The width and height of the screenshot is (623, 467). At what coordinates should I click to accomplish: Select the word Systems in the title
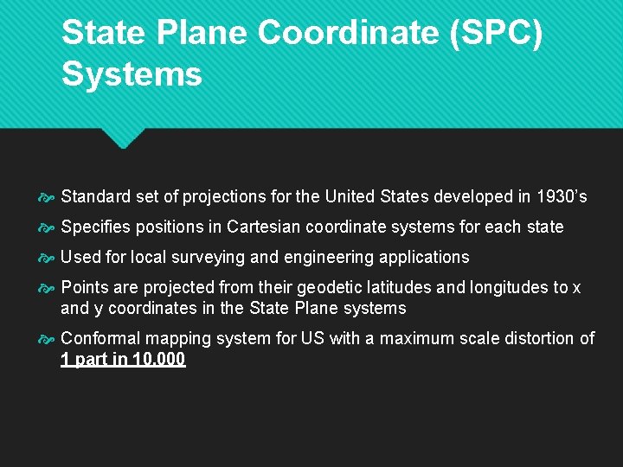[x=132, y=74]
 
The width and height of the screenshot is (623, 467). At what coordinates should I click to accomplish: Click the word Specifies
[x=97, y=227]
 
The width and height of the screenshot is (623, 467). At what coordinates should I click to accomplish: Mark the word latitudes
[x=406, y=287]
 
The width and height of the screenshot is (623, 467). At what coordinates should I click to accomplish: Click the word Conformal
[x=100, y=338]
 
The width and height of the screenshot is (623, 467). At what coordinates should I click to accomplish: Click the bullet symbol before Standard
[x=47, y=197]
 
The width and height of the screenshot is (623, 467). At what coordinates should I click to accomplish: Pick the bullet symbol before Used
[x=47, y=258]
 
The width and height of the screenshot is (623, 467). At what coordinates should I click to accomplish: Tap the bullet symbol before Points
[x=47, y=288]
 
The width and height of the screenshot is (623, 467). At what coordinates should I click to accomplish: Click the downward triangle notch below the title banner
[x=122, y=138]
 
